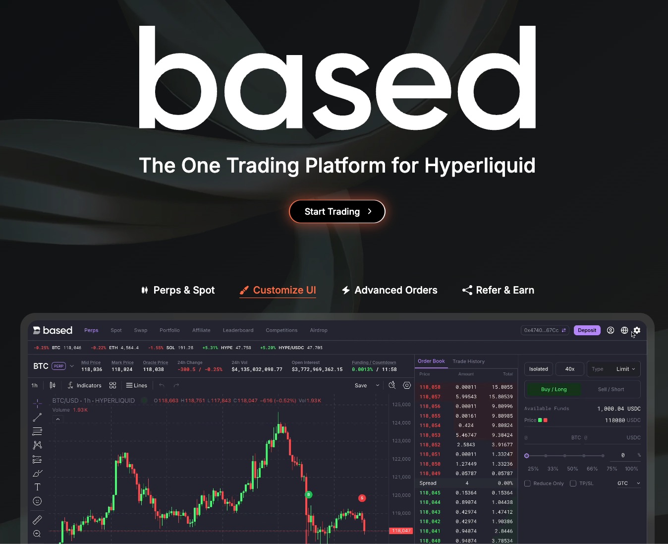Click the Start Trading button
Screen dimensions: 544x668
coord(337,212)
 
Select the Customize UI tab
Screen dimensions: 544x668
coord(278,290)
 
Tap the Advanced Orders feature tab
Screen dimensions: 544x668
coord(390,290)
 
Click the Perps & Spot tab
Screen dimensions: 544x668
coord(178,290)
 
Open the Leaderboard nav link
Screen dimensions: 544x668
coord(238,330)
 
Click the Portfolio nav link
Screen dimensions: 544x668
coord(169,330)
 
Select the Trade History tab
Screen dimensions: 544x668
coord(468,362)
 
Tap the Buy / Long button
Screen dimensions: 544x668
coord(554,389)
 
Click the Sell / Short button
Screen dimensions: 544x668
coord(611,389)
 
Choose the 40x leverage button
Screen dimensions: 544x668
coord(570,369)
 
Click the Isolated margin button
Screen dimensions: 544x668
coord(538,369)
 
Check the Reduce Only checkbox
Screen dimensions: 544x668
coord(527,484)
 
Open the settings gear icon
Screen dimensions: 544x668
coord(637,330)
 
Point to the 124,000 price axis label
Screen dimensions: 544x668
coord(401,423)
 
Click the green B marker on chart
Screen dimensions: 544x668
coord(309,494)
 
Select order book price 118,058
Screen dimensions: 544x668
coord(430,387)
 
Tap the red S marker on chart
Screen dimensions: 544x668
coord(362,498)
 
